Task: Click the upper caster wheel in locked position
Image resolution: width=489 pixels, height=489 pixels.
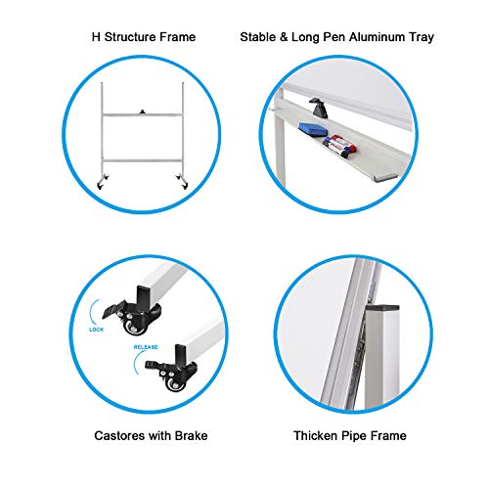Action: click(x=130, y=332)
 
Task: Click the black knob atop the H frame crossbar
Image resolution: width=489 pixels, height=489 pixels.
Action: click(x=144, y=112)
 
